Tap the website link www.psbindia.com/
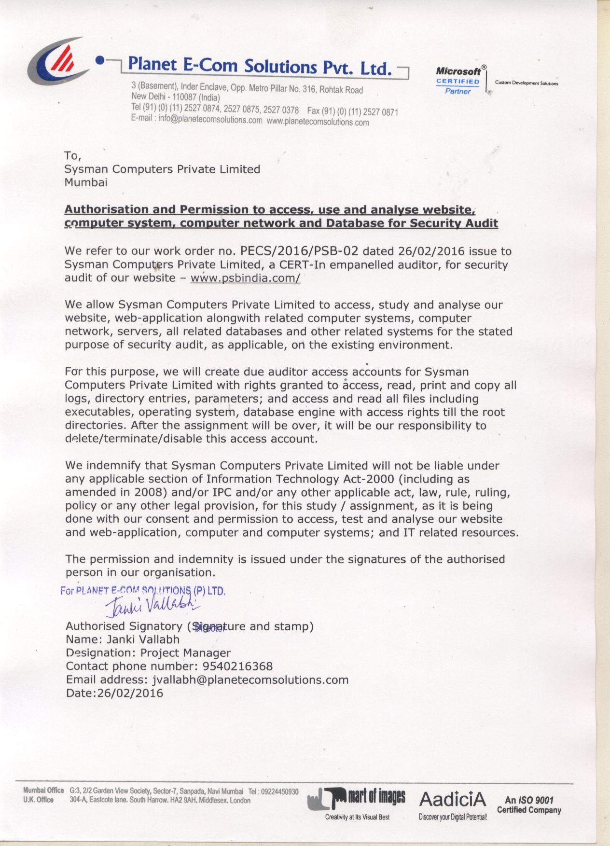click(x=245, y=278)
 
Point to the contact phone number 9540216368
click(x=237, y=666)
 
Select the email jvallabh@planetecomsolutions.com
click(x=250, y=680)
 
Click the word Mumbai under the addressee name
click(x=86, y=182)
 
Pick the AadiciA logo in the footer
click(x=453, y=799)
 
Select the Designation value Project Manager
click(x=186, y=653)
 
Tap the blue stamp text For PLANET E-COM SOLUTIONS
click(x=143, y=591)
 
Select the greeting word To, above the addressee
click(x=73, y=156)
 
